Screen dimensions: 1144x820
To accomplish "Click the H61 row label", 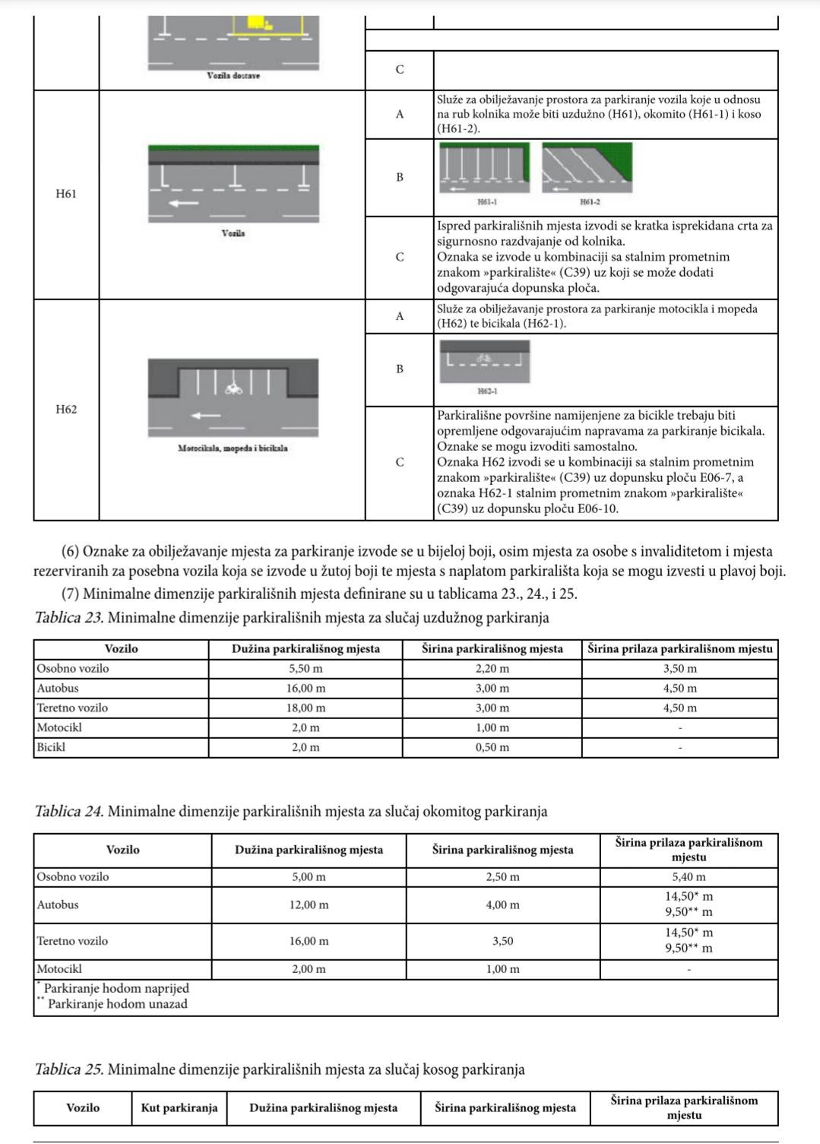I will click(66, 194).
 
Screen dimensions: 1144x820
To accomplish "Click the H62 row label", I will click(66, 410).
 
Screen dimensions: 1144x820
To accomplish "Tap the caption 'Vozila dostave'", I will click(233, 76).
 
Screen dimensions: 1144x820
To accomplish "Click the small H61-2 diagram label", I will click(589, 202).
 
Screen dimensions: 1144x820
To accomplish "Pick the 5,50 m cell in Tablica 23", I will click(306, 669).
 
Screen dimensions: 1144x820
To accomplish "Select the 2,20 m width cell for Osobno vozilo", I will click(492, 669).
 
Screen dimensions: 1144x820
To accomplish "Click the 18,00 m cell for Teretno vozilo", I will click(306, 708).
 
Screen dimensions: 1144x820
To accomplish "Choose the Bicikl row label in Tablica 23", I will click(51, 747).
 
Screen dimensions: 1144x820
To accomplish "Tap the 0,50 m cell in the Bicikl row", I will click(492, 747).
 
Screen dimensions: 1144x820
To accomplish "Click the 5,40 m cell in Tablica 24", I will click(689, 876).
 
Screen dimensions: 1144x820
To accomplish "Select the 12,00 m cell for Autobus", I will click(309, 905).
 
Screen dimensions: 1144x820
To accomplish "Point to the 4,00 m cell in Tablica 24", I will click(502, 905).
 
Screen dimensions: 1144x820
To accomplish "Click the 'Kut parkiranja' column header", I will click(179, 1108).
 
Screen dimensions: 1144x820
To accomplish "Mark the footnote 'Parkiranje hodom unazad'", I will click(117, 1003).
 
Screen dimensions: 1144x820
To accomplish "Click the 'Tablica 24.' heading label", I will click(69, 811).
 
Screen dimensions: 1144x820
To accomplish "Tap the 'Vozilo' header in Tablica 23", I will click(121, 648).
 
